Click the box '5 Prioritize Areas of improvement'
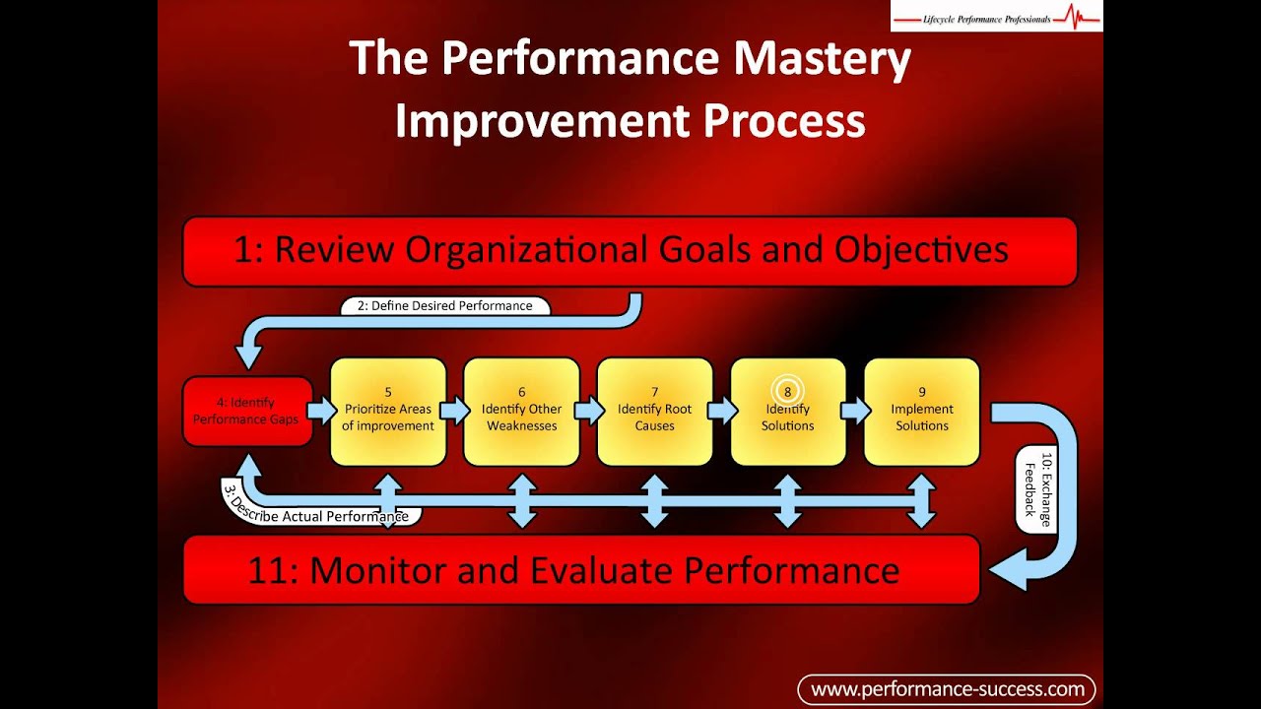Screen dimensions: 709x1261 click(x=388, y=412)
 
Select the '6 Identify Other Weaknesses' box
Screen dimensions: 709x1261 click(x=521, y=412)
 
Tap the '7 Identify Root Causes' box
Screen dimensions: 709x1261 click(x=655, y=412)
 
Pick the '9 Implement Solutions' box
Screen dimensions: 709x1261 click(x=922, y=412)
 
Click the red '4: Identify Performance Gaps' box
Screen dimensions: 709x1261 click(x=246, y=412)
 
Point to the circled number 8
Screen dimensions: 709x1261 click(x=788, y=391)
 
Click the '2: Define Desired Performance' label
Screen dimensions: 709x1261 click(x=444, y=305)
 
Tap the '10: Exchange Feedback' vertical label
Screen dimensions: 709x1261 click(x=1037, y=488)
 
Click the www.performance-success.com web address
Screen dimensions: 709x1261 click(x=947, y=689)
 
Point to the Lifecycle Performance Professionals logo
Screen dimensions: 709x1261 click(x=996, y=17)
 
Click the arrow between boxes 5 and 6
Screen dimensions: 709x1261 click(x=455, y=410)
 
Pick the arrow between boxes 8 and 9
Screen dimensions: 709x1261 click(x=855, y=410)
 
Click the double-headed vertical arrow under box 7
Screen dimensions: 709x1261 click(x=655, y=501)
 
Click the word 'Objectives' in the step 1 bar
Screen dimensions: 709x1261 click(x=921, y=250)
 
